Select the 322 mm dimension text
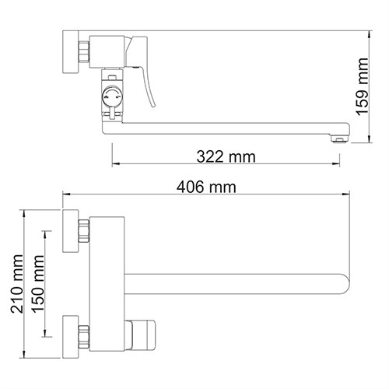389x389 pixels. (x=226, y=156)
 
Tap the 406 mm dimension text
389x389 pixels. (x=205, y=187)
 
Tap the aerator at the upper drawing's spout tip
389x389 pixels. (x=338, y=138)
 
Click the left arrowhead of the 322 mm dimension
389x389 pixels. (x=115, y=164)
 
